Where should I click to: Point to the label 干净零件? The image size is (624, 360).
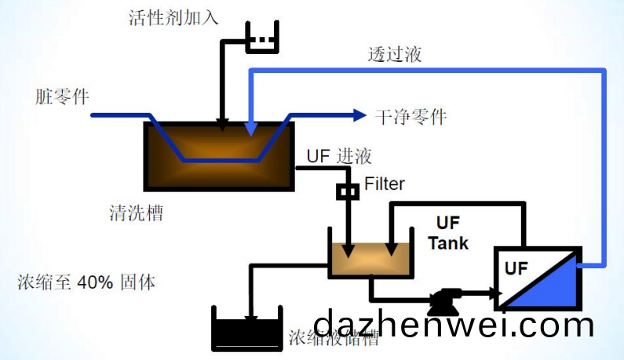[x=411, y=117]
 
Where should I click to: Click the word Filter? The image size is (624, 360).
[x=385, y=184]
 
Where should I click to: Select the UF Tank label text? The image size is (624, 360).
[x=448, y=233]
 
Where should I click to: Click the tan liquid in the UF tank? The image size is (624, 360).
[x=370, y=260]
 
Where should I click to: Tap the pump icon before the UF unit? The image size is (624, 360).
[x=445, y=297]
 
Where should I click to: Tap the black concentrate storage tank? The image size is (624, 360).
[x=248, y=333]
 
